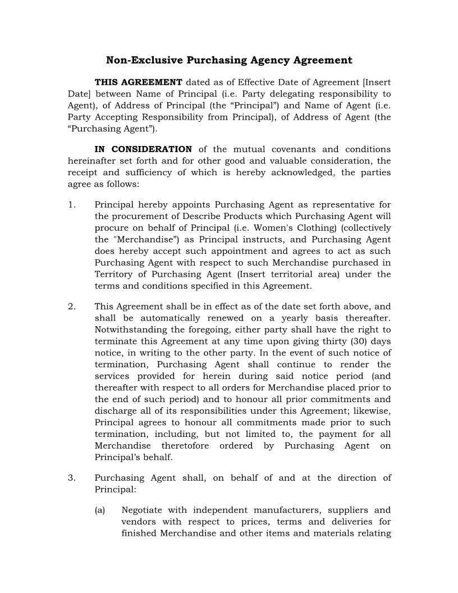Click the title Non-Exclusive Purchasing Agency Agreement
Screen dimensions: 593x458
click(229, 60)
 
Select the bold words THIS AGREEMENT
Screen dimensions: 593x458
click(138, 83)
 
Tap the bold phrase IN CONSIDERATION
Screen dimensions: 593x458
click(143, 149)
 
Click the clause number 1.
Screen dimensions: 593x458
click(71, 205)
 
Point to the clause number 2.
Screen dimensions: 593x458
click(71, 307)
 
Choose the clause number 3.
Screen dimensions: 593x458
click(71, 478)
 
